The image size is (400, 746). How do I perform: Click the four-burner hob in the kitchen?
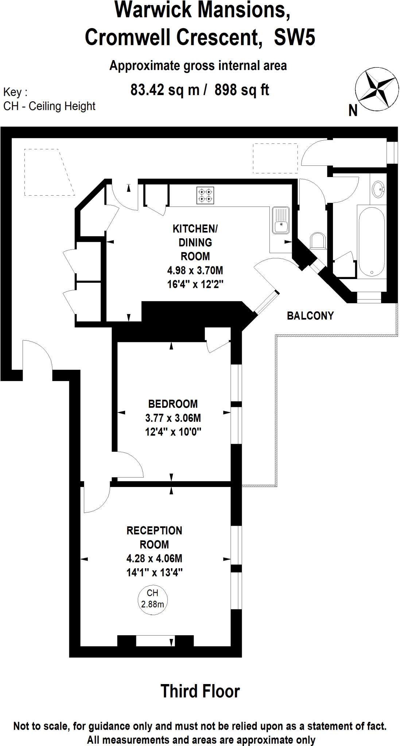pos(205,195)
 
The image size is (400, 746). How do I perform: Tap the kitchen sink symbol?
pos(280,220)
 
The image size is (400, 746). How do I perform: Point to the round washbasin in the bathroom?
pos(378,189)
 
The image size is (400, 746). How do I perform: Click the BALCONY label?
pos(310,316)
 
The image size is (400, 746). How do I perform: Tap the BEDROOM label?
pos(173,404)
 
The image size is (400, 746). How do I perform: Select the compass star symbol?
pos(377,89)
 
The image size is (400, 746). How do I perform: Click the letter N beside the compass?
pos(353,111)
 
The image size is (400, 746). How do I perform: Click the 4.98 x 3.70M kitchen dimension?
pos(195,270)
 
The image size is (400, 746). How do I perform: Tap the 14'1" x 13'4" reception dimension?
pos(154,573)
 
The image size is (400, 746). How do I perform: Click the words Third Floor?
pos(200,691)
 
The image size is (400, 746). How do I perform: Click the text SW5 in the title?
pos(294,38)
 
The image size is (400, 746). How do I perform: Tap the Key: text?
pos(15,92)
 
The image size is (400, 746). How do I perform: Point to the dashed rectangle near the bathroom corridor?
pos(275,158)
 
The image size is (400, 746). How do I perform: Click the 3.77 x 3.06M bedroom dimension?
pos(173,418)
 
